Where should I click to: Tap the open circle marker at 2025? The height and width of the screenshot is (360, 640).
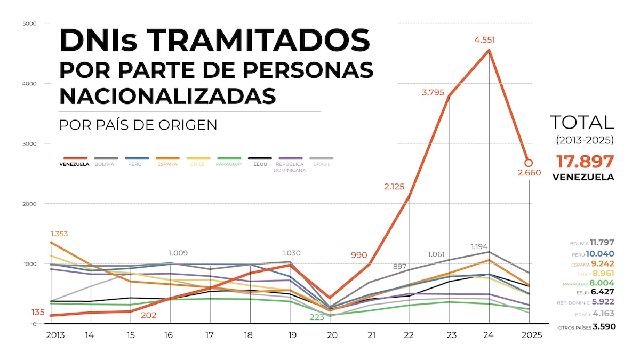coord(529,163)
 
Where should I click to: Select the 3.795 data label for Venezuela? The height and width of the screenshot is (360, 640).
coord(433,92)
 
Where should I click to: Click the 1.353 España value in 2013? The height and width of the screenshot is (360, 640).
coord(59,234)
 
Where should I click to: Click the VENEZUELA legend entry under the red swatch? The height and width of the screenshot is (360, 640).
coord(74,164)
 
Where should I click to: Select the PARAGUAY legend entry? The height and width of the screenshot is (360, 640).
coord(229,164)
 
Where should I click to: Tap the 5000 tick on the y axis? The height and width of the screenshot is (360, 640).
coord(29,23)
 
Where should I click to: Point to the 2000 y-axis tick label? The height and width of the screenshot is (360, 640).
coord(29,204)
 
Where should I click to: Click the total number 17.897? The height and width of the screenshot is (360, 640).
coord(585,162)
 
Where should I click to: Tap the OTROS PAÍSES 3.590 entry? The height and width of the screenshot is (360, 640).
coord(587,327)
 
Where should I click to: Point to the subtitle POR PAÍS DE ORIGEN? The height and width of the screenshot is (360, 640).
coord(138,125)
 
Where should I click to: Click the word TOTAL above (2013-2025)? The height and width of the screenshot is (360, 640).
coord(582,122)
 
